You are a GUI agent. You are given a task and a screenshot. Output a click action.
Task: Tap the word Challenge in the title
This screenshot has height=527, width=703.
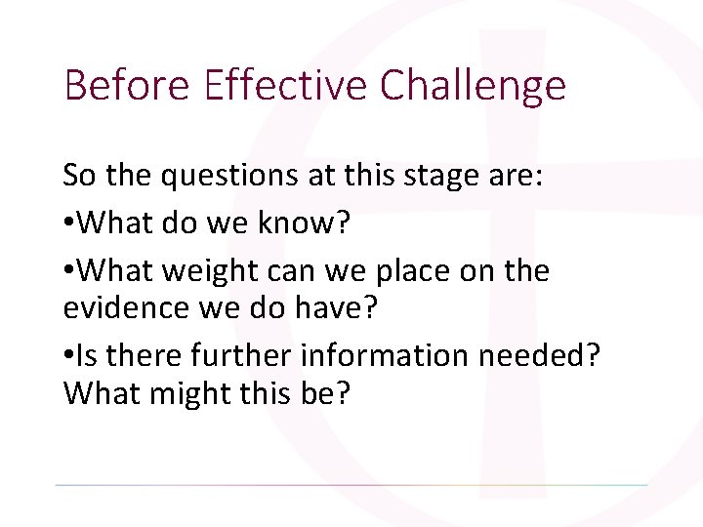(473, 85)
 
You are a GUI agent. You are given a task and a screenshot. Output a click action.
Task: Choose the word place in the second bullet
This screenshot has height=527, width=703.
(409, 272)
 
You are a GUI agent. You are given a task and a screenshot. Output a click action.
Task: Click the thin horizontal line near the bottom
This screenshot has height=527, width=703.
(351, 485)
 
